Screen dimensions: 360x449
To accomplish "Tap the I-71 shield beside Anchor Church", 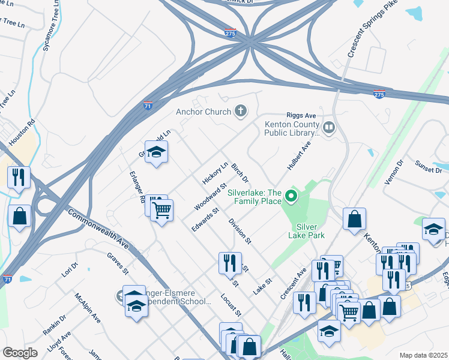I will pos(148,106).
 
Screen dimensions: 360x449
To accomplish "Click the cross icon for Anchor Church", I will pos(241,111).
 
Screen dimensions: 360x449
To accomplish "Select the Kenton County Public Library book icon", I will pos(328,127).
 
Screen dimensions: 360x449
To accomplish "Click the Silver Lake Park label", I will pos(310,231).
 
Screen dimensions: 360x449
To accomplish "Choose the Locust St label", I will pos(231,305).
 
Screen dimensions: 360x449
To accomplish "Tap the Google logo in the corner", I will pos(20,352).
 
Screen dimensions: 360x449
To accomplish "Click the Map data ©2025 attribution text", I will pos(423,355).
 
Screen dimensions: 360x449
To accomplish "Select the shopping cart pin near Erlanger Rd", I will pos(161,211).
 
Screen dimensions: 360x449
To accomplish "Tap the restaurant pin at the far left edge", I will pos(18,177).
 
